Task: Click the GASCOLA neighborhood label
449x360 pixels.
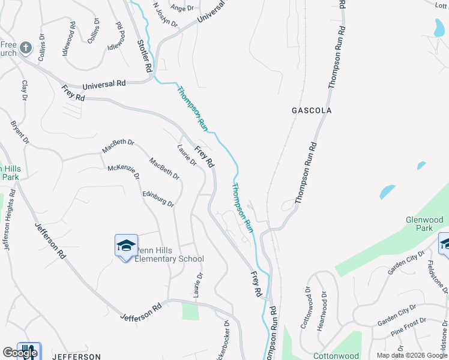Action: point(311,111)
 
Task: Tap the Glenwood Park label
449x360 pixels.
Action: point(428,224)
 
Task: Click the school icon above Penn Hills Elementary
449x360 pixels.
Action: point(126,245)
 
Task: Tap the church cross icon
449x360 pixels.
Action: point(26,48)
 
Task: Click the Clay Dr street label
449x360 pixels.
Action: point(25,89)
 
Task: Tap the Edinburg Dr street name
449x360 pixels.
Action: point(158,199)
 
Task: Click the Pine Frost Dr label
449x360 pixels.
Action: point(408,329)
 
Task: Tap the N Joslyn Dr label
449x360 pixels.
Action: point(165,14)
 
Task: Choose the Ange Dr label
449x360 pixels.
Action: point(182,8)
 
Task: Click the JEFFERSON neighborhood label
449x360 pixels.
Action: point(76,356)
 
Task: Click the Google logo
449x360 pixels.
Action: point(20,353)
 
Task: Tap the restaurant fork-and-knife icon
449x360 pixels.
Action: point(28,351)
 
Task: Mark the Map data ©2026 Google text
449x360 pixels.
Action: point(412,355)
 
